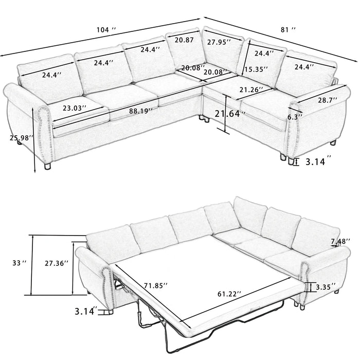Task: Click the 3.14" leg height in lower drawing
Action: [85, 311]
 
